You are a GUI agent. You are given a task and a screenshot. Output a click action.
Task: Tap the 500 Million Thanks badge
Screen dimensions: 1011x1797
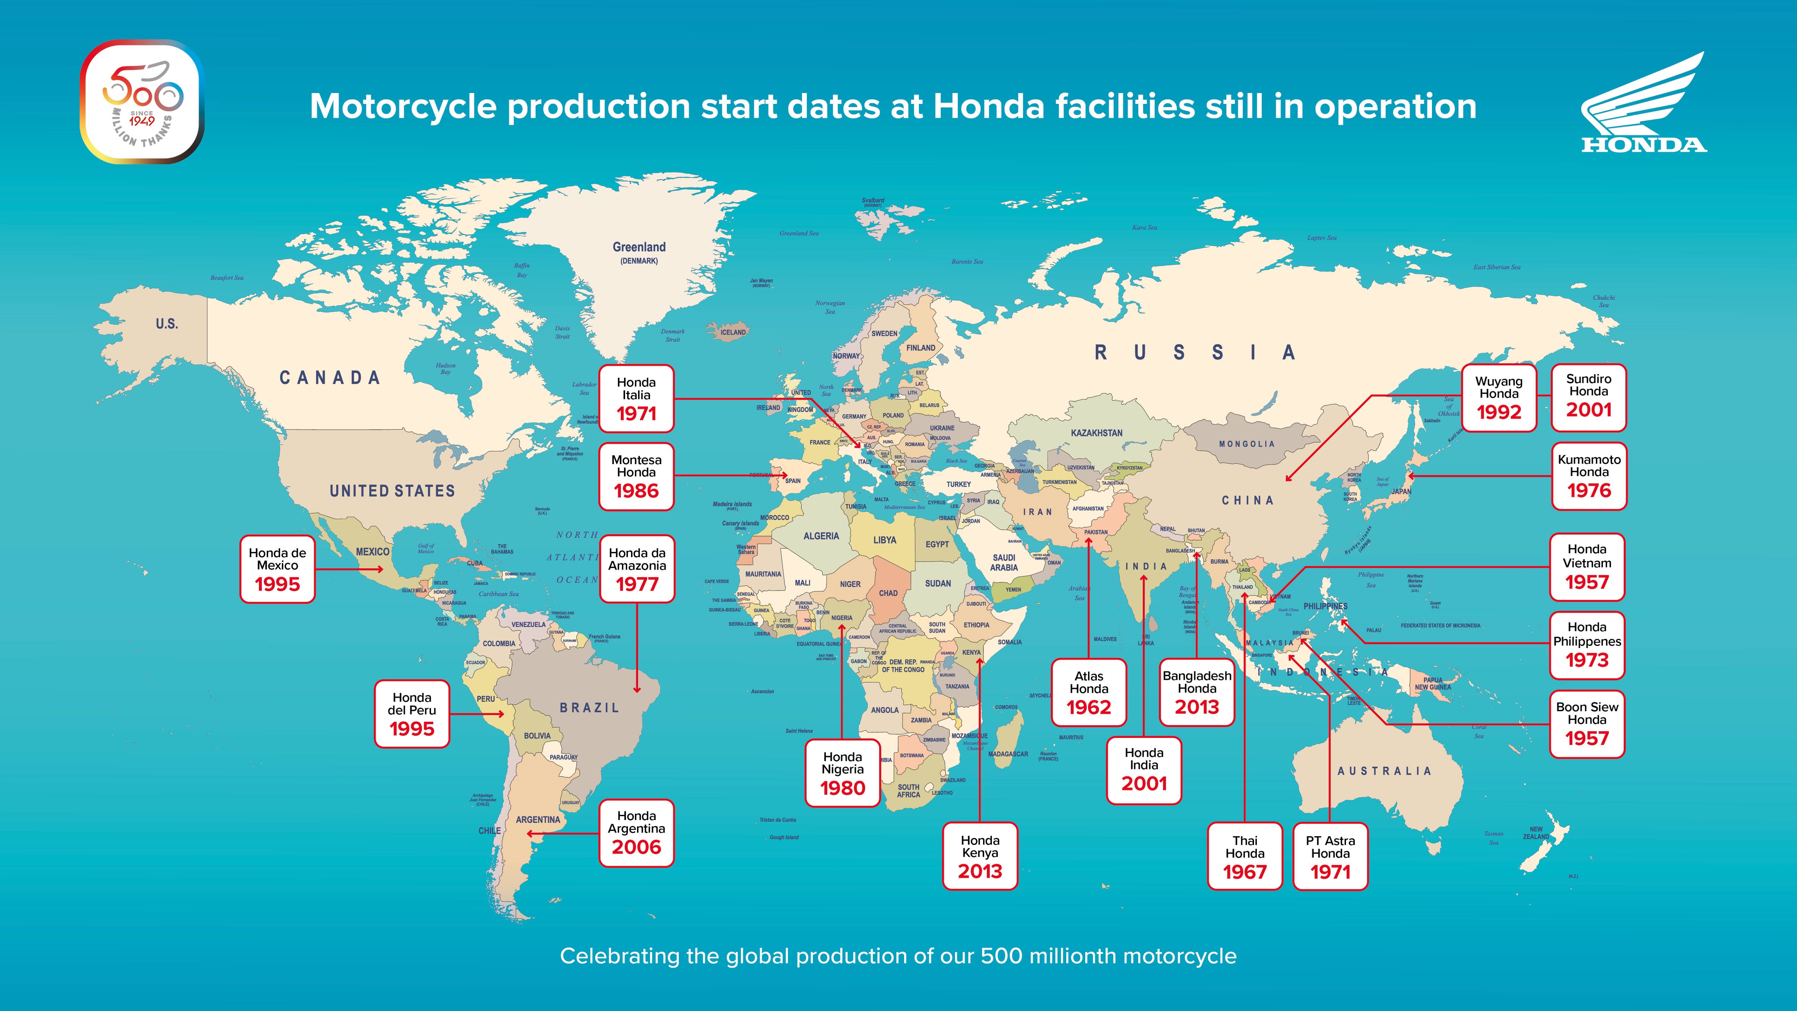click(142, 102)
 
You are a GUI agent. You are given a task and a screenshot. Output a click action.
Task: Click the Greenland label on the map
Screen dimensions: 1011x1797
click(639, 247)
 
